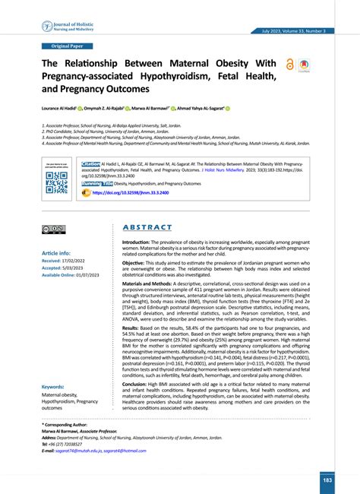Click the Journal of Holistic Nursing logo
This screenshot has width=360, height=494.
coord(65,27)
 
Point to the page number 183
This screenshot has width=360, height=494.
coord(327,480)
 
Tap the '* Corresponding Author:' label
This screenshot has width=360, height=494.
coord(66,425)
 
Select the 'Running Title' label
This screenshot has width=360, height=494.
coord(98,184)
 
